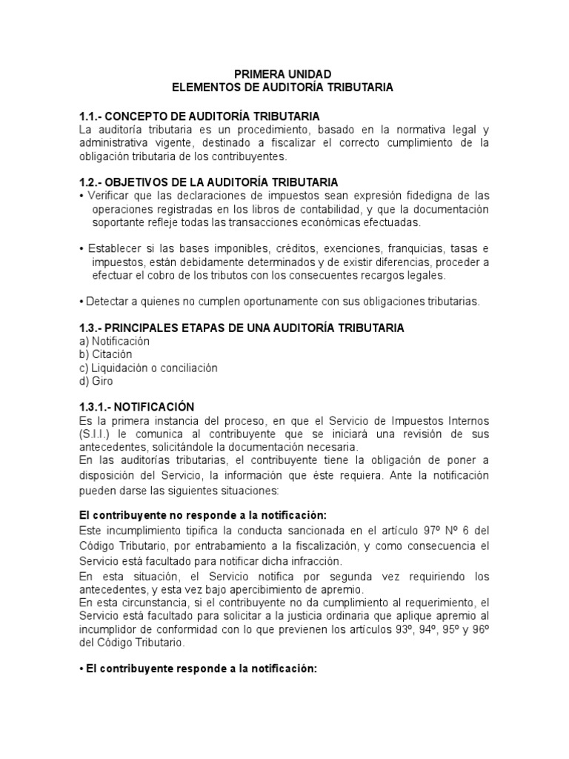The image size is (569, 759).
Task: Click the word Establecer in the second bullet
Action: tap(113, 248)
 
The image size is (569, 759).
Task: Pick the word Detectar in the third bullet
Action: tap(107, 301)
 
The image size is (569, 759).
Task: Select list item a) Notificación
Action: tap(114, 341)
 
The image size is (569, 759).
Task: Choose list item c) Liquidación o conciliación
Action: tap(148, 368)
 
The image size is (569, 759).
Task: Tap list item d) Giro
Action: tap(96, 381)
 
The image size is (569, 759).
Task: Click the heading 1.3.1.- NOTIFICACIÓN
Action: tap(136, 407)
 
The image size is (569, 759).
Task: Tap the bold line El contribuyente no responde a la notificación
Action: tap(202, 514)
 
